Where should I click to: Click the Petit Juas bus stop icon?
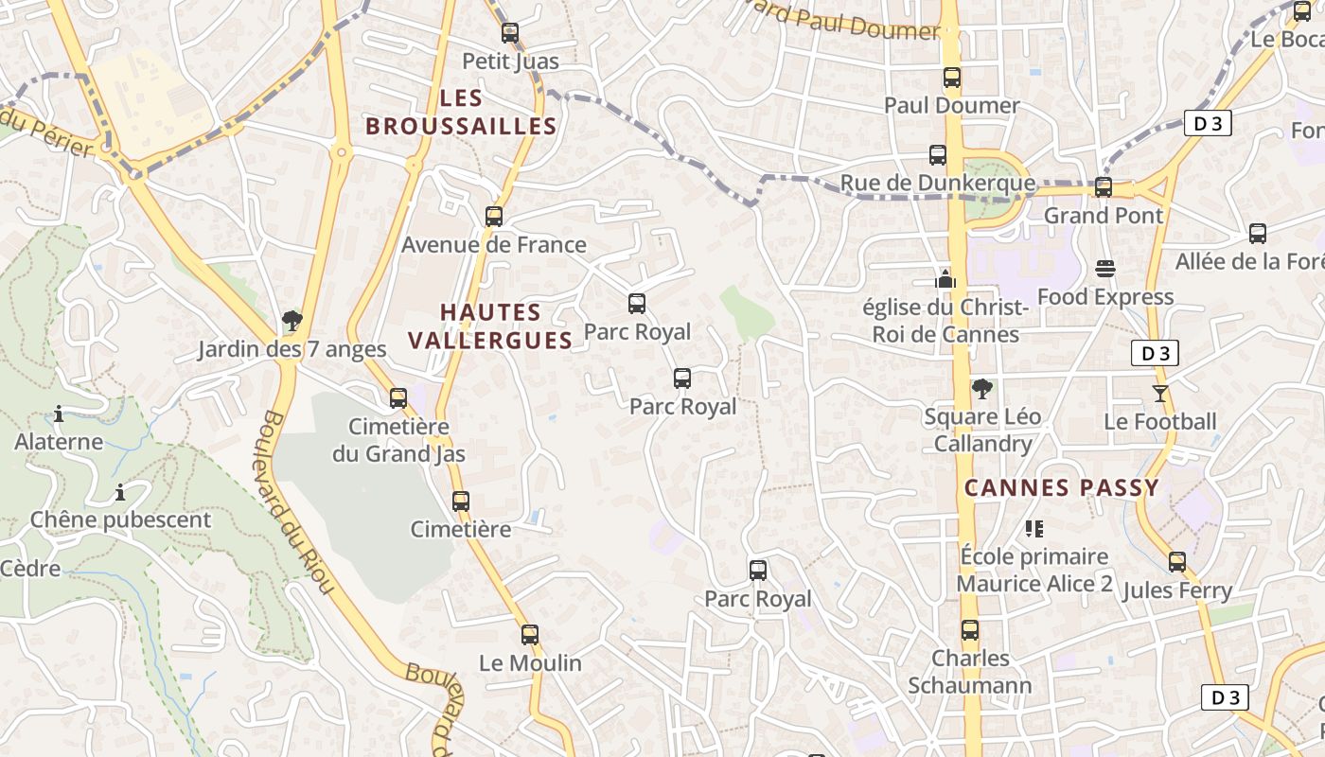tap(510, 33)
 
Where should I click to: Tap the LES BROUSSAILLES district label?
tap(461, 112)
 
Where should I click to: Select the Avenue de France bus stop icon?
tap(493, 217)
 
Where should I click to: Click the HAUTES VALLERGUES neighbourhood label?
tap(490, 326)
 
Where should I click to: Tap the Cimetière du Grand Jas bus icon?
tap(398, 397)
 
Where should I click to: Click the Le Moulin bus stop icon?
tap(530, 635)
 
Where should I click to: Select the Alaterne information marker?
tap(59, 414)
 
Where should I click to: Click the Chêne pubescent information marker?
tap(120, 492)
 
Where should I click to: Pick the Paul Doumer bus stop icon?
tap(952, 78)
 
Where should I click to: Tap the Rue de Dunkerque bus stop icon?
tap(938, 155)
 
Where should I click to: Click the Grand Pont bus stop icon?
tap(1104, 187)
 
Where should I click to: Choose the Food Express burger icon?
tap(1104, 269)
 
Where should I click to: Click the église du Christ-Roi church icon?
tap(945, 279)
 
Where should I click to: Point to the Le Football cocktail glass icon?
tap(1160, 393)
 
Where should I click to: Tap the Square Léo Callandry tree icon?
tap(982, 388)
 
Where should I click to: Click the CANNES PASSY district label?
tap(1061, 488)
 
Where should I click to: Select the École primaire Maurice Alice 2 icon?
tap(1033, 528)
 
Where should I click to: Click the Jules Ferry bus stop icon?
tap(1177, 562)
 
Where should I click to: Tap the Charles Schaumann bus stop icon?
tap(970, 629)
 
